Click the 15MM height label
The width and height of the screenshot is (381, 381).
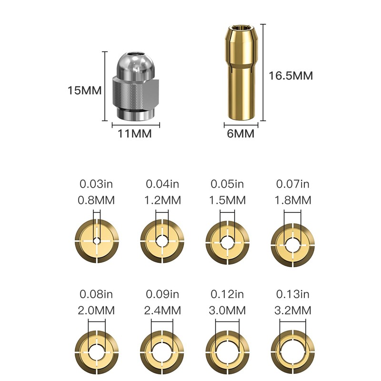[85, 90]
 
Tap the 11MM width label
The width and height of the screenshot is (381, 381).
[135, 134]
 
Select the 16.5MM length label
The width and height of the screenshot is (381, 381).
[291, 76]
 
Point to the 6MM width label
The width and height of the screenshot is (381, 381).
[241, 134]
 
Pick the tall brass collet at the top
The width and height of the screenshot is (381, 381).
[241, 72]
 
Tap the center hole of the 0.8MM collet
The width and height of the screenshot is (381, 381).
[97, 241]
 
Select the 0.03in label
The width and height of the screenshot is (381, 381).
[96, 184]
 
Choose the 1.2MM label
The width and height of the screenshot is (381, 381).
[162, 201]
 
